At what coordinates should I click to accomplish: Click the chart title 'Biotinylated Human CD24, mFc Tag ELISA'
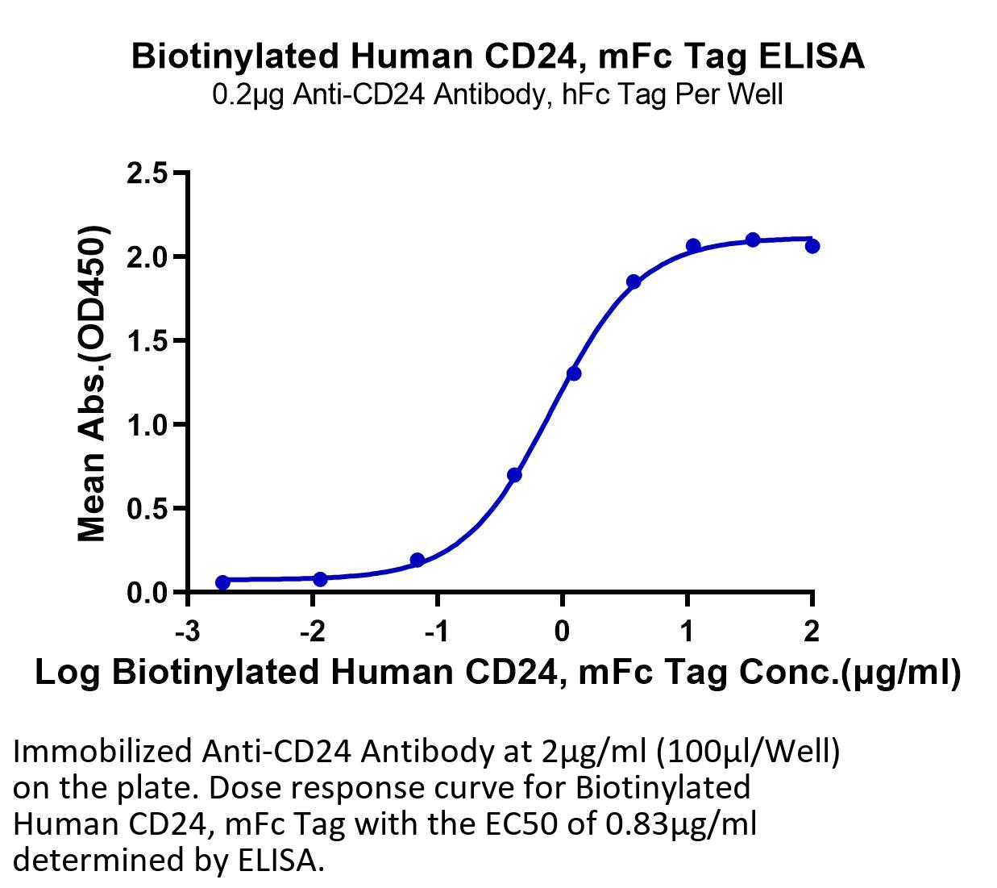click(x=497, y=56)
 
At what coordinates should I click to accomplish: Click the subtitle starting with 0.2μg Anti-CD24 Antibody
click(x=497, y=95)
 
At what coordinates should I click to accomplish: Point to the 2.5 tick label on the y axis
click(x=147, y=173)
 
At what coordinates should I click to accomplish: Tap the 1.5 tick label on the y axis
click(x=147, y=341)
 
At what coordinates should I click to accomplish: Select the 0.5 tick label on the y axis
click(x=147, y=508)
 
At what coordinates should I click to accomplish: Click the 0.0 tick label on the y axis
click(x=147, y=593)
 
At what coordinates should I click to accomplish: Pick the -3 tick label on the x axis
click(x=188, y=631)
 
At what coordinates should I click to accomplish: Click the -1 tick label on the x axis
click(x=437, y=631)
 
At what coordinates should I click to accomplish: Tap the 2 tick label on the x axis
click(x=812, y=631)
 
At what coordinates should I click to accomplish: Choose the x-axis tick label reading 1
click(x=687, y=631)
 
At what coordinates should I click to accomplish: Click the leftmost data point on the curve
click(x=223, y=582)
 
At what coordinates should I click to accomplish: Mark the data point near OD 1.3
click(x=574, y=373)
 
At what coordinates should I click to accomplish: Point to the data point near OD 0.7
click(x=514, y=475)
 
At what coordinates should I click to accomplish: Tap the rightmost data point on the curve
click(x=812, y=246)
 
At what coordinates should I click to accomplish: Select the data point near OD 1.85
click(x=634, y=282)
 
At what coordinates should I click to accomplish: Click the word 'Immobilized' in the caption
click(x=102, y=752)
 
